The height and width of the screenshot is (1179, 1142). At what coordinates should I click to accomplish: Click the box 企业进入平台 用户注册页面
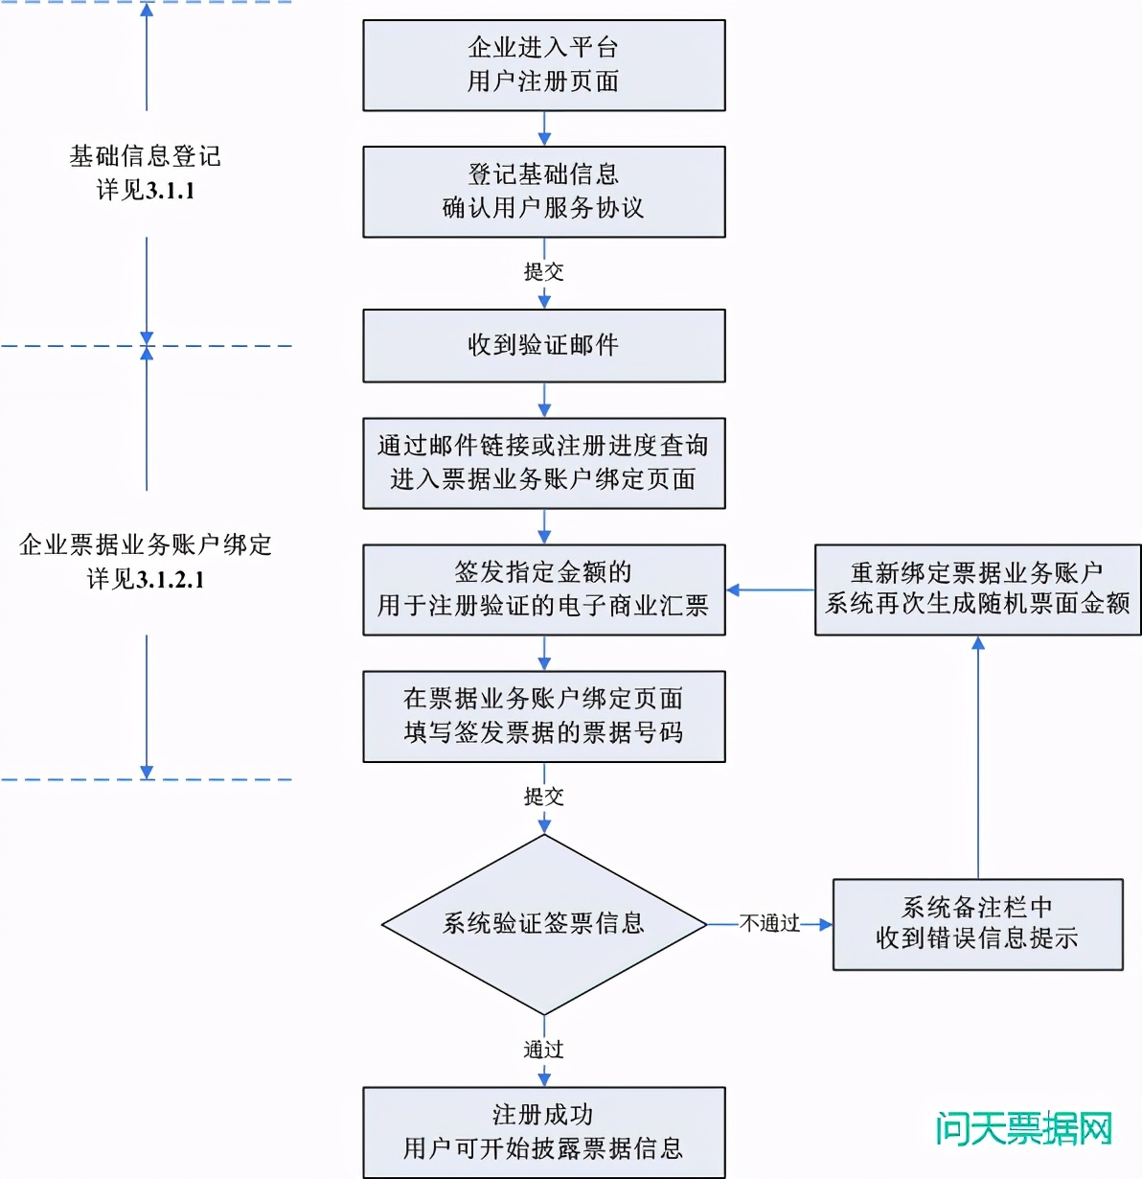tap(543, 65)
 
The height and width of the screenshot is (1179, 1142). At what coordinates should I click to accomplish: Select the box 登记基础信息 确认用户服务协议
tap(543, 192)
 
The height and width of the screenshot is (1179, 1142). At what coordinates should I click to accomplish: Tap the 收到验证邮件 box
tap(543, 345)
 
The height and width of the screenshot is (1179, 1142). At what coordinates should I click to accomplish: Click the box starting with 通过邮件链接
tap(543, 463)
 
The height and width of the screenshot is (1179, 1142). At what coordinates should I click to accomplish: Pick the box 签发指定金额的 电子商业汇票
tap(543, 589)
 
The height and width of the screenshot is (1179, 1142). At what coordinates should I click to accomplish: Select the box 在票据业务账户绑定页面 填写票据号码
tap(543, 716)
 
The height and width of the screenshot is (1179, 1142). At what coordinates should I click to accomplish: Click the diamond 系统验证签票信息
tap(543, 924)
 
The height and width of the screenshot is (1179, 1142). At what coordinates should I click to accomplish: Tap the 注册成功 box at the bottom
tap(543, 1132)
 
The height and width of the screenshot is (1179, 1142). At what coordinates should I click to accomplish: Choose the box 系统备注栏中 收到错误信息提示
tap(977, 924)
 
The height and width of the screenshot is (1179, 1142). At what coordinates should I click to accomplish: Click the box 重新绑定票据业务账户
tap(977, 589)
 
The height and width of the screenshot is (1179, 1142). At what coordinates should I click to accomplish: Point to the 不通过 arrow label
tap(769, 924)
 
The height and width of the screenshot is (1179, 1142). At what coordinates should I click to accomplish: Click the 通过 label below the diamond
tap(543, 1050)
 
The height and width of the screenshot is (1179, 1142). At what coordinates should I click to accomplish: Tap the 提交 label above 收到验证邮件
tap(543, 272)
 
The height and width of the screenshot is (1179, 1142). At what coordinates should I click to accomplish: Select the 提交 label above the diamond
tap(543, 797)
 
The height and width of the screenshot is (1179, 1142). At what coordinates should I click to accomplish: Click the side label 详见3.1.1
tap(146, 191)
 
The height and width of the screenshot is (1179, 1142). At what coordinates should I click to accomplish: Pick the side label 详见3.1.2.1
tap(146, 580)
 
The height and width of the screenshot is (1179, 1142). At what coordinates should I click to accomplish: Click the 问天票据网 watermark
tap(1023, 1129)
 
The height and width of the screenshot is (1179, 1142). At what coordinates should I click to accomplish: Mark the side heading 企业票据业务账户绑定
tap(146, 545)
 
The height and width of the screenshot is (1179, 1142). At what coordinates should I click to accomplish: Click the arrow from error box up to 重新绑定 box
tap(978, 757)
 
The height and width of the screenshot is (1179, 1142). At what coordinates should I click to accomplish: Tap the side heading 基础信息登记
tap(146, 156)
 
